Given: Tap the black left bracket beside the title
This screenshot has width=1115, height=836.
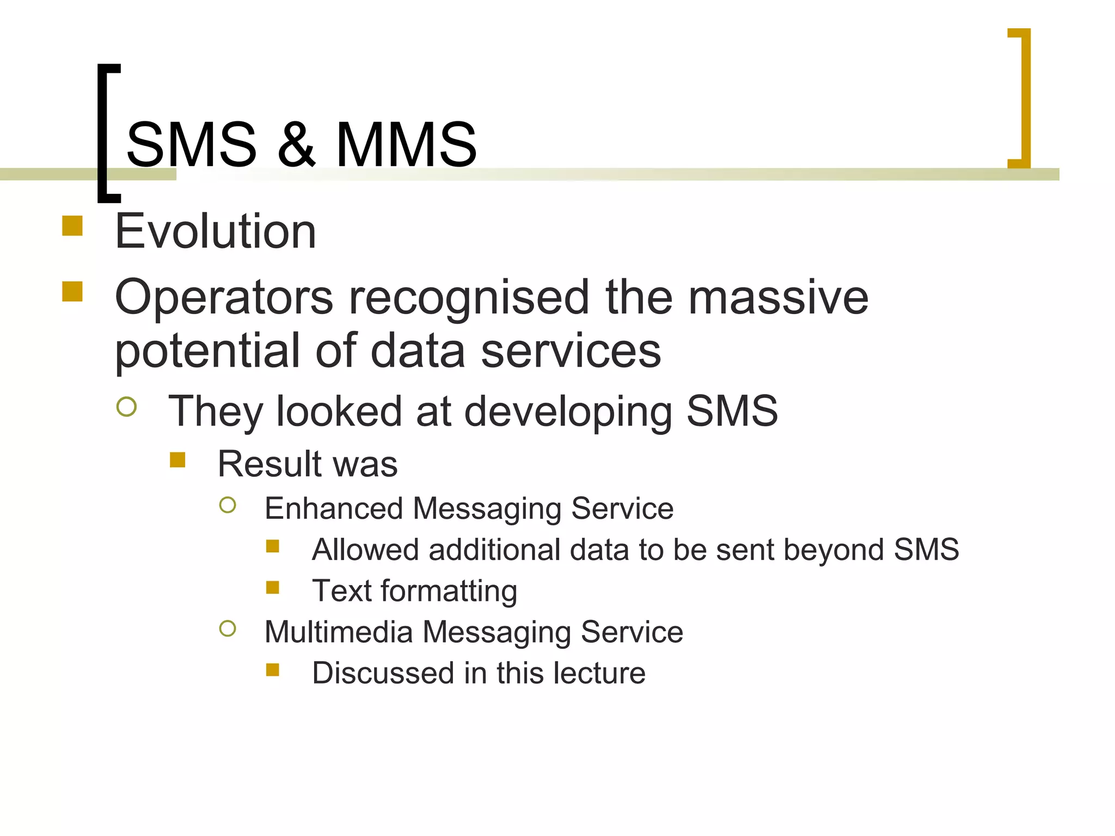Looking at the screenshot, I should (x=103, y=133).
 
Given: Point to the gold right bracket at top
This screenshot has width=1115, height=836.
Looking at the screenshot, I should (x=1022, y=98).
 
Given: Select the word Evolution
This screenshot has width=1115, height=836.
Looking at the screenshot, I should (x=216, y=232).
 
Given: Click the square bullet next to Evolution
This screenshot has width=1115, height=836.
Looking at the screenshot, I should (x=72, y=226).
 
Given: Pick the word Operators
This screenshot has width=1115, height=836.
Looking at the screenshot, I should (x=224, y=298).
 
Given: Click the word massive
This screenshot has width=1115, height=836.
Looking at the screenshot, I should (x=778, y=297).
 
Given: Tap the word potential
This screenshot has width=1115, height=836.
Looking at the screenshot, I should (x=207, y=352).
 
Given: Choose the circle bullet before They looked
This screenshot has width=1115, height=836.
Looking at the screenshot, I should (x=126, y=407).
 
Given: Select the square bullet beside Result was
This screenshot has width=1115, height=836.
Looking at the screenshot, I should (x=177, y=460).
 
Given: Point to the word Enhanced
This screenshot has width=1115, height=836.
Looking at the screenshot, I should (x=333, y=508).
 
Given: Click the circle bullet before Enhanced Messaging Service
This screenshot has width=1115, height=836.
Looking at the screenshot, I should (x=228, y=505).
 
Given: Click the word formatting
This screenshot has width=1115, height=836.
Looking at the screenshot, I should (x=449, y=592).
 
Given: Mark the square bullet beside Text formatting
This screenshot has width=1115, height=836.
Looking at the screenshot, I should (x=273, y=587).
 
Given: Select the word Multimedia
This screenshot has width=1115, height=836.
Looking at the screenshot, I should (x=339, y=632).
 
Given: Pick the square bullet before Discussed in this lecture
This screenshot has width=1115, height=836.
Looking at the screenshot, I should (x=273, y=669).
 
